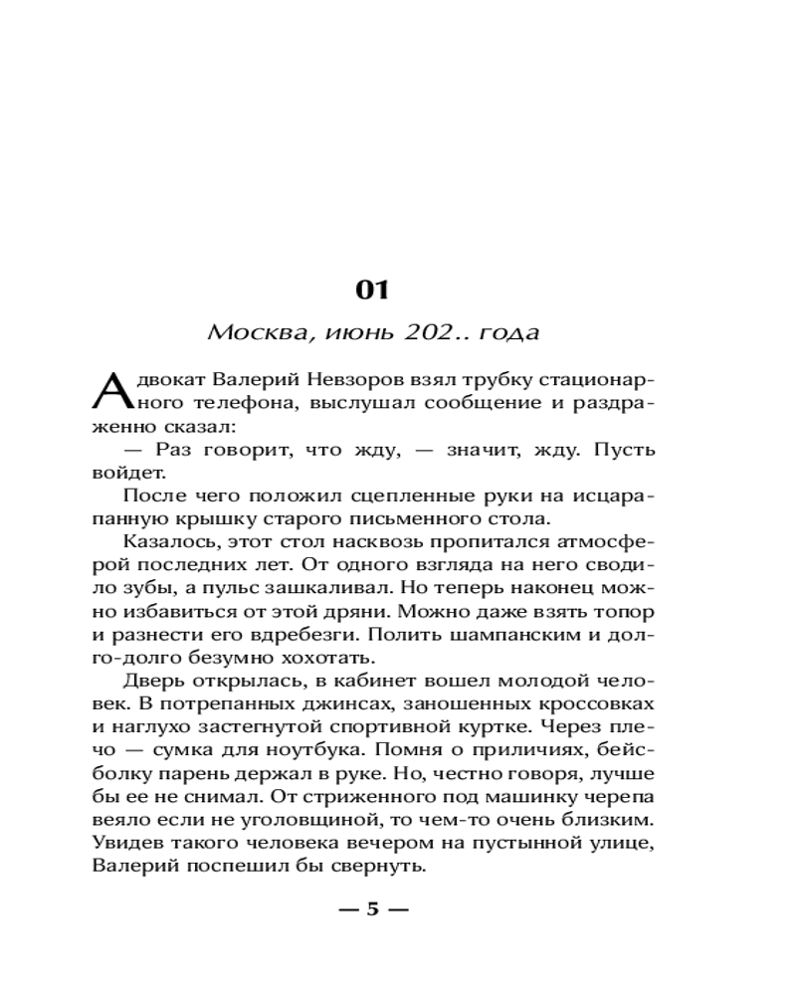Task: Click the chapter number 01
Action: pos(371,290)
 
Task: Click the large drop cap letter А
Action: pos(109,392)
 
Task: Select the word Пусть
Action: pos(625,450)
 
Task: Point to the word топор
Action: pos(626,611)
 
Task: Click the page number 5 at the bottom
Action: pos(373,908)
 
